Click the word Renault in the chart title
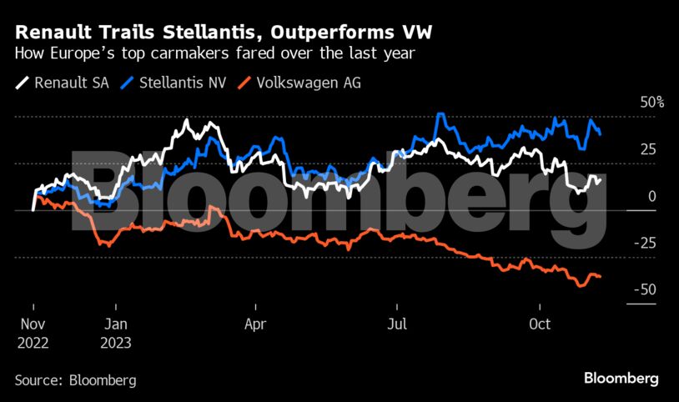point(53,33)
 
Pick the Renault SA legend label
point(70,83)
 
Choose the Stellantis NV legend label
point(181,83)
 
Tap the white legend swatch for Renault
point(23,83)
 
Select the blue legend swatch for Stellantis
point(127,83)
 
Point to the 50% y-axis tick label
point(648,103)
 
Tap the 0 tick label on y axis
point(651,197)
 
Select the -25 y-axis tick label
point(645,244)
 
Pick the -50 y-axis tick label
point(645,290)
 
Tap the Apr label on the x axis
point(256,324)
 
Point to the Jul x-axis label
point(398,324)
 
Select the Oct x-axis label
point(540,324)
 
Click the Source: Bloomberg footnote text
point(75,380)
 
